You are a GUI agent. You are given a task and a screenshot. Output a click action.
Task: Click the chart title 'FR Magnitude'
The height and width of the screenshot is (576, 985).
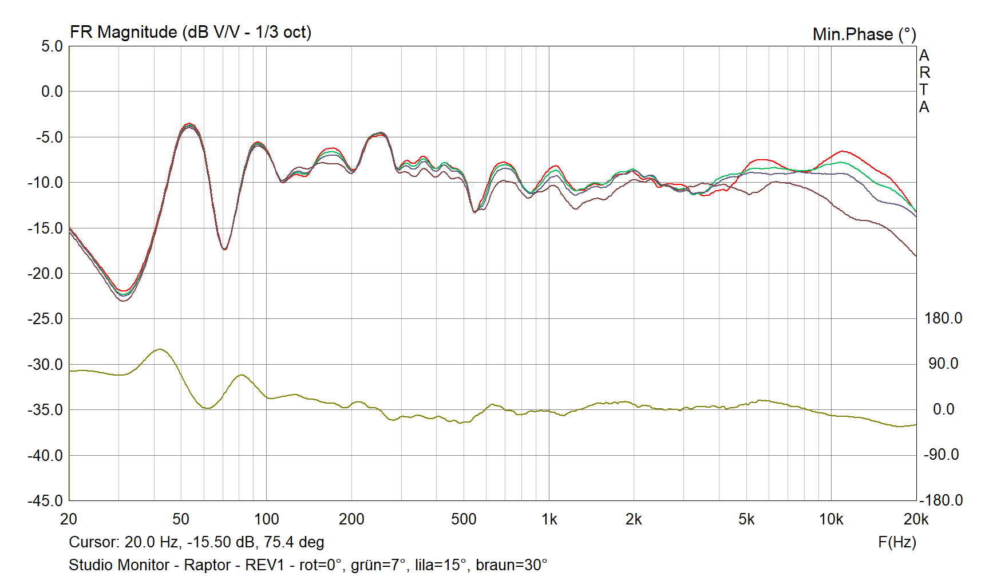123,32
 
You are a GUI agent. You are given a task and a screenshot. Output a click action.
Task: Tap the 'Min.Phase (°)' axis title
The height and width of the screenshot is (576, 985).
864,34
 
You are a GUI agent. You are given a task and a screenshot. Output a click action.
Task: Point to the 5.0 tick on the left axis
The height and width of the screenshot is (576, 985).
52,46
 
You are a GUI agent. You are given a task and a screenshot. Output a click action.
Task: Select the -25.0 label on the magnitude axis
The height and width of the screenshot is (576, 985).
45,319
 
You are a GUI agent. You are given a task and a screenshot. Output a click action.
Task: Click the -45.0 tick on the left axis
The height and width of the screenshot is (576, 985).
45,500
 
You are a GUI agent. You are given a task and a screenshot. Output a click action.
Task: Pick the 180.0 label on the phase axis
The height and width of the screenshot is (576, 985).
943,318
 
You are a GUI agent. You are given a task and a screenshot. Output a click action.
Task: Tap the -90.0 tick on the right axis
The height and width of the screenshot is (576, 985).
941,455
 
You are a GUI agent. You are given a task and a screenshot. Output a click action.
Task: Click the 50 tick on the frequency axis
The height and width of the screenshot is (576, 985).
181,519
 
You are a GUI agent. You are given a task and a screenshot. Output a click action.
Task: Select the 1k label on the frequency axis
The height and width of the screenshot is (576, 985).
549,519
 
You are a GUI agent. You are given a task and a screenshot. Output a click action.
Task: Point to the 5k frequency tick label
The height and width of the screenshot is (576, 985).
746,519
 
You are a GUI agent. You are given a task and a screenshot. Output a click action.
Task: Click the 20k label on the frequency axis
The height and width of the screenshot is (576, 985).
915,519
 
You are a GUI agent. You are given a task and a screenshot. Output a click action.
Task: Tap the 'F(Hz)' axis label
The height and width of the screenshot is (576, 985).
897,542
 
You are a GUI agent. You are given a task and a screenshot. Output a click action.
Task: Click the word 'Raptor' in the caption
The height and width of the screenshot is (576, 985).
207,565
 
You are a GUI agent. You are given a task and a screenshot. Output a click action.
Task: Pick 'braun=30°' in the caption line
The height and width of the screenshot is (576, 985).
511,565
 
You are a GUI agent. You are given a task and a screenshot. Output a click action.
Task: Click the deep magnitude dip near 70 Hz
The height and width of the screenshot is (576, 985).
224,249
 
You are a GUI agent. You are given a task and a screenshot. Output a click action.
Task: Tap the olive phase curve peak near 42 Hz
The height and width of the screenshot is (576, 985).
160,349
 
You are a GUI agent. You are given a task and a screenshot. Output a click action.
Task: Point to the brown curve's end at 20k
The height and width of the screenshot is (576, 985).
915,255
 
